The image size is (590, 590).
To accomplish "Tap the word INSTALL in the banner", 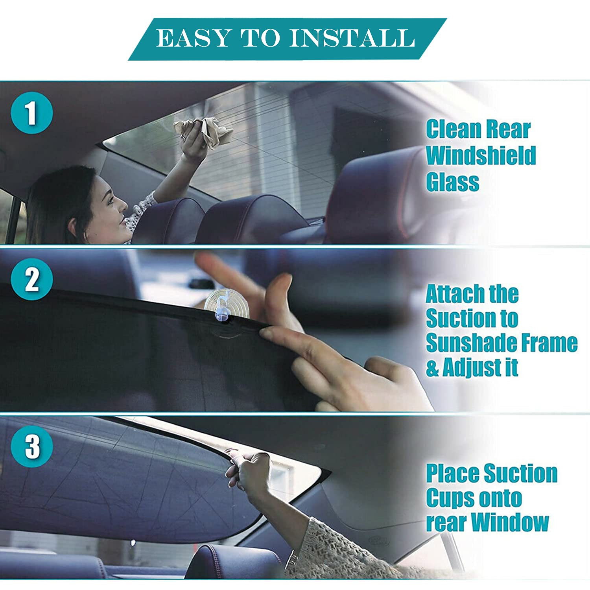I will (x=352, y=38).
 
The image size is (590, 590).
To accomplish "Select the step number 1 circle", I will (x=31, y=113).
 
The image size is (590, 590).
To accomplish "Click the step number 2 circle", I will (x=31, y=280).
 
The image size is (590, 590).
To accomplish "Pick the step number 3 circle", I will (x=31, y=446).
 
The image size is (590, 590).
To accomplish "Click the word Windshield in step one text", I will (x=481, y=155).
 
